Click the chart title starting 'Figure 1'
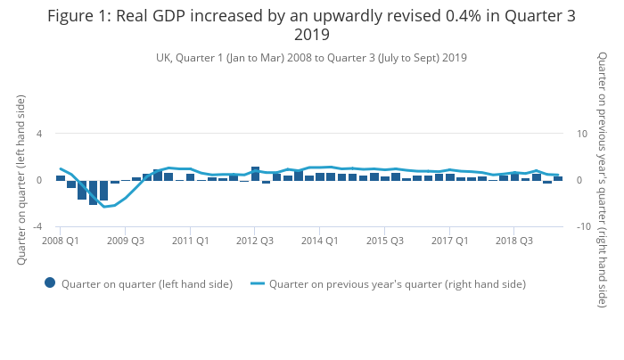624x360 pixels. (312, 25)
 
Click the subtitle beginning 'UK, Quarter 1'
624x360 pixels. (312, 57)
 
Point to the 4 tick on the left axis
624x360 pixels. (39, 134)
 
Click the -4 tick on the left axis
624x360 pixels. (37, 226)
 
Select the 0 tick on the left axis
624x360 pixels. (39, 180)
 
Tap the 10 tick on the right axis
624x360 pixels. (580, 134)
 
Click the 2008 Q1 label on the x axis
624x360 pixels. (61, 241)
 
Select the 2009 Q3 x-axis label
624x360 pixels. (126, 241)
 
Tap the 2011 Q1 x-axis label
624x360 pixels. (190, 241)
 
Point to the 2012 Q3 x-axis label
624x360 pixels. (255, 241)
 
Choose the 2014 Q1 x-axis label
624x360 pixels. (319, 241)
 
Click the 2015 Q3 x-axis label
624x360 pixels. (384, 241)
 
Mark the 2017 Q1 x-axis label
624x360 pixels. (449, 241)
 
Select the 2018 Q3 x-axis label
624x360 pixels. (514, 241)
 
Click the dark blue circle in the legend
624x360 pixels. (50, 283)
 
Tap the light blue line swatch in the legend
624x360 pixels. (258, 283)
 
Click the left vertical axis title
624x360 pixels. (21, 180)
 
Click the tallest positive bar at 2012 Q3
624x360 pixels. (255, 174)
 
